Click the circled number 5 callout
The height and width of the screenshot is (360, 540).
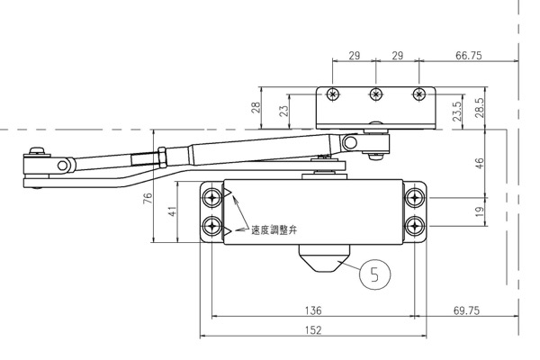[x=374, y=274]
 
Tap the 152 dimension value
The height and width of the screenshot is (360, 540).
[x=313, y=330]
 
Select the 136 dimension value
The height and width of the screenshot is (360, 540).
[x=313, y=310]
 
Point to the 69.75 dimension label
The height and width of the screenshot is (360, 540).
[x=466, y=310]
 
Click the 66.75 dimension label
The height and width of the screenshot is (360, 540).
[x=469, y=56]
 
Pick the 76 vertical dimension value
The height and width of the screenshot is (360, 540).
[x=148, y=198]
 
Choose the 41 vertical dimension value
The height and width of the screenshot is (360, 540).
[x=172, y=211]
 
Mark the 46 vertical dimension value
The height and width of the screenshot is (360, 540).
[x=479, y=163]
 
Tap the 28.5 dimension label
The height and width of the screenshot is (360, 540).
[x=479, y=107]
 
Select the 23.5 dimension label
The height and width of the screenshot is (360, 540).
[x=457, y=111]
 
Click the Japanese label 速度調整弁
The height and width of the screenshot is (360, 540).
[x=274, y=229]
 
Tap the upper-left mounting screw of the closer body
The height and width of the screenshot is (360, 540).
[x=212, y=198]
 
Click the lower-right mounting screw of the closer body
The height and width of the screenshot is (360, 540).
[x=415, y=226]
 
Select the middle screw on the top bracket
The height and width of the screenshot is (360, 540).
[x=375, y=94]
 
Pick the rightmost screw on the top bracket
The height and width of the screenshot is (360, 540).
[x=418, y=94]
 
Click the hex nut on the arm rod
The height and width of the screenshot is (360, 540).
[x=162, y=157]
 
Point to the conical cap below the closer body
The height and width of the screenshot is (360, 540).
[x=324, y=258]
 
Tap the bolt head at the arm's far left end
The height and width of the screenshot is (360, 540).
[x=38, y=151]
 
